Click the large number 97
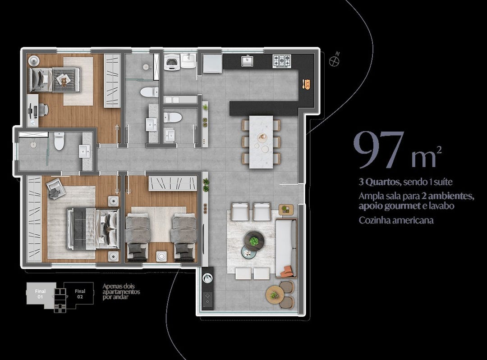click(x=379, y=150)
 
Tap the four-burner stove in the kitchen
click(x=282, y=61)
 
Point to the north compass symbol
click(x=334, y=60)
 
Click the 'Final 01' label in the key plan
click(x=40, y=294)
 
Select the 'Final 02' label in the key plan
click(x=80, y=294)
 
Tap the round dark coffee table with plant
click(x=254, y=241)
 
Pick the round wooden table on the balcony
click(x=275, y=295)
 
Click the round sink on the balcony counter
click(x=207, y=278)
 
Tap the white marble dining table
click(x=261, y=142)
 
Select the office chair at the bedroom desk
click(x=43, y=109)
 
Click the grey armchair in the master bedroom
click(x=56, y=189)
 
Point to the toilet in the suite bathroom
click(x=59, y=141)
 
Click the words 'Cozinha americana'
click(x=396, y=220)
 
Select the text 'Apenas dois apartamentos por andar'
click(x=121, y=292)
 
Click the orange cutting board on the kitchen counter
click(x=307, y=84)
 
